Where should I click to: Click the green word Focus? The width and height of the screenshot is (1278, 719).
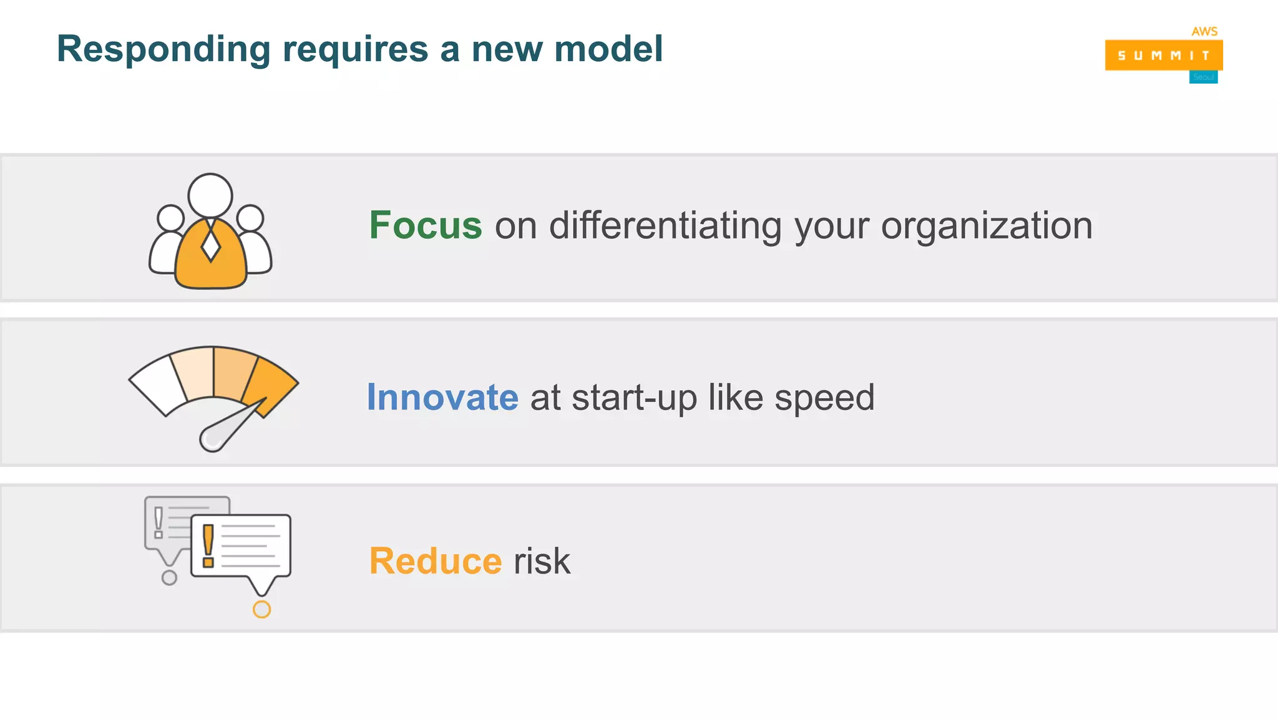[x=426, y=225]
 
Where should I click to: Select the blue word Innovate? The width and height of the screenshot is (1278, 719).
[x=442, y=398]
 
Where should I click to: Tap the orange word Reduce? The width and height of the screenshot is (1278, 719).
[x=436, y=561]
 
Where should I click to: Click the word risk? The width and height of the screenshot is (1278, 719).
[x=542, y=561]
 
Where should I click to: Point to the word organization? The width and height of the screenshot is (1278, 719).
[x=987, y=227]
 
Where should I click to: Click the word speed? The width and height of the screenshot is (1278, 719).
[x=824, y=399]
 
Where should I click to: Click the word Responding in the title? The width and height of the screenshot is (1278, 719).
[x=163, y=50]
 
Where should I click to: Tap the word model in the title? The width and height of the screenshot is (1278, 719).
[x=608, y=49]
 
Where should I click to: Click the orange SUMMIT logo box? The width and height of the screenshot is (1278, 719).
[x=1163, y=55]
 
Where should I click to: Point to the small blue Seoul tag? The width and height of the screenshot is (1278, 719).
[x=1203, y=77]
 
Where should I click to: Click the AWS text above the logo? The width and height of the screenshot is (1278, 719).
[x=1204, y=31]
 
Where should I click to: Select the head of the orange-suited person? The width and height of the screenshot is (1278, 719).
[x=210, y=195]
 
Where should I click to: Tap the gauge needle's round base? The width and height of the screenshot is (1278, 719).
[x=213, y=438]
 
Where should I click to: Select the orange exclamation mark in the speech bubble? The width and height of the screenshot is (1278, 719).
[x=208, y=545]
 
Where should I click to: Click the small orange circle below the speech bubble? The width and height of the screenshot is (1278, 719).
[x=261, y=609]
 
